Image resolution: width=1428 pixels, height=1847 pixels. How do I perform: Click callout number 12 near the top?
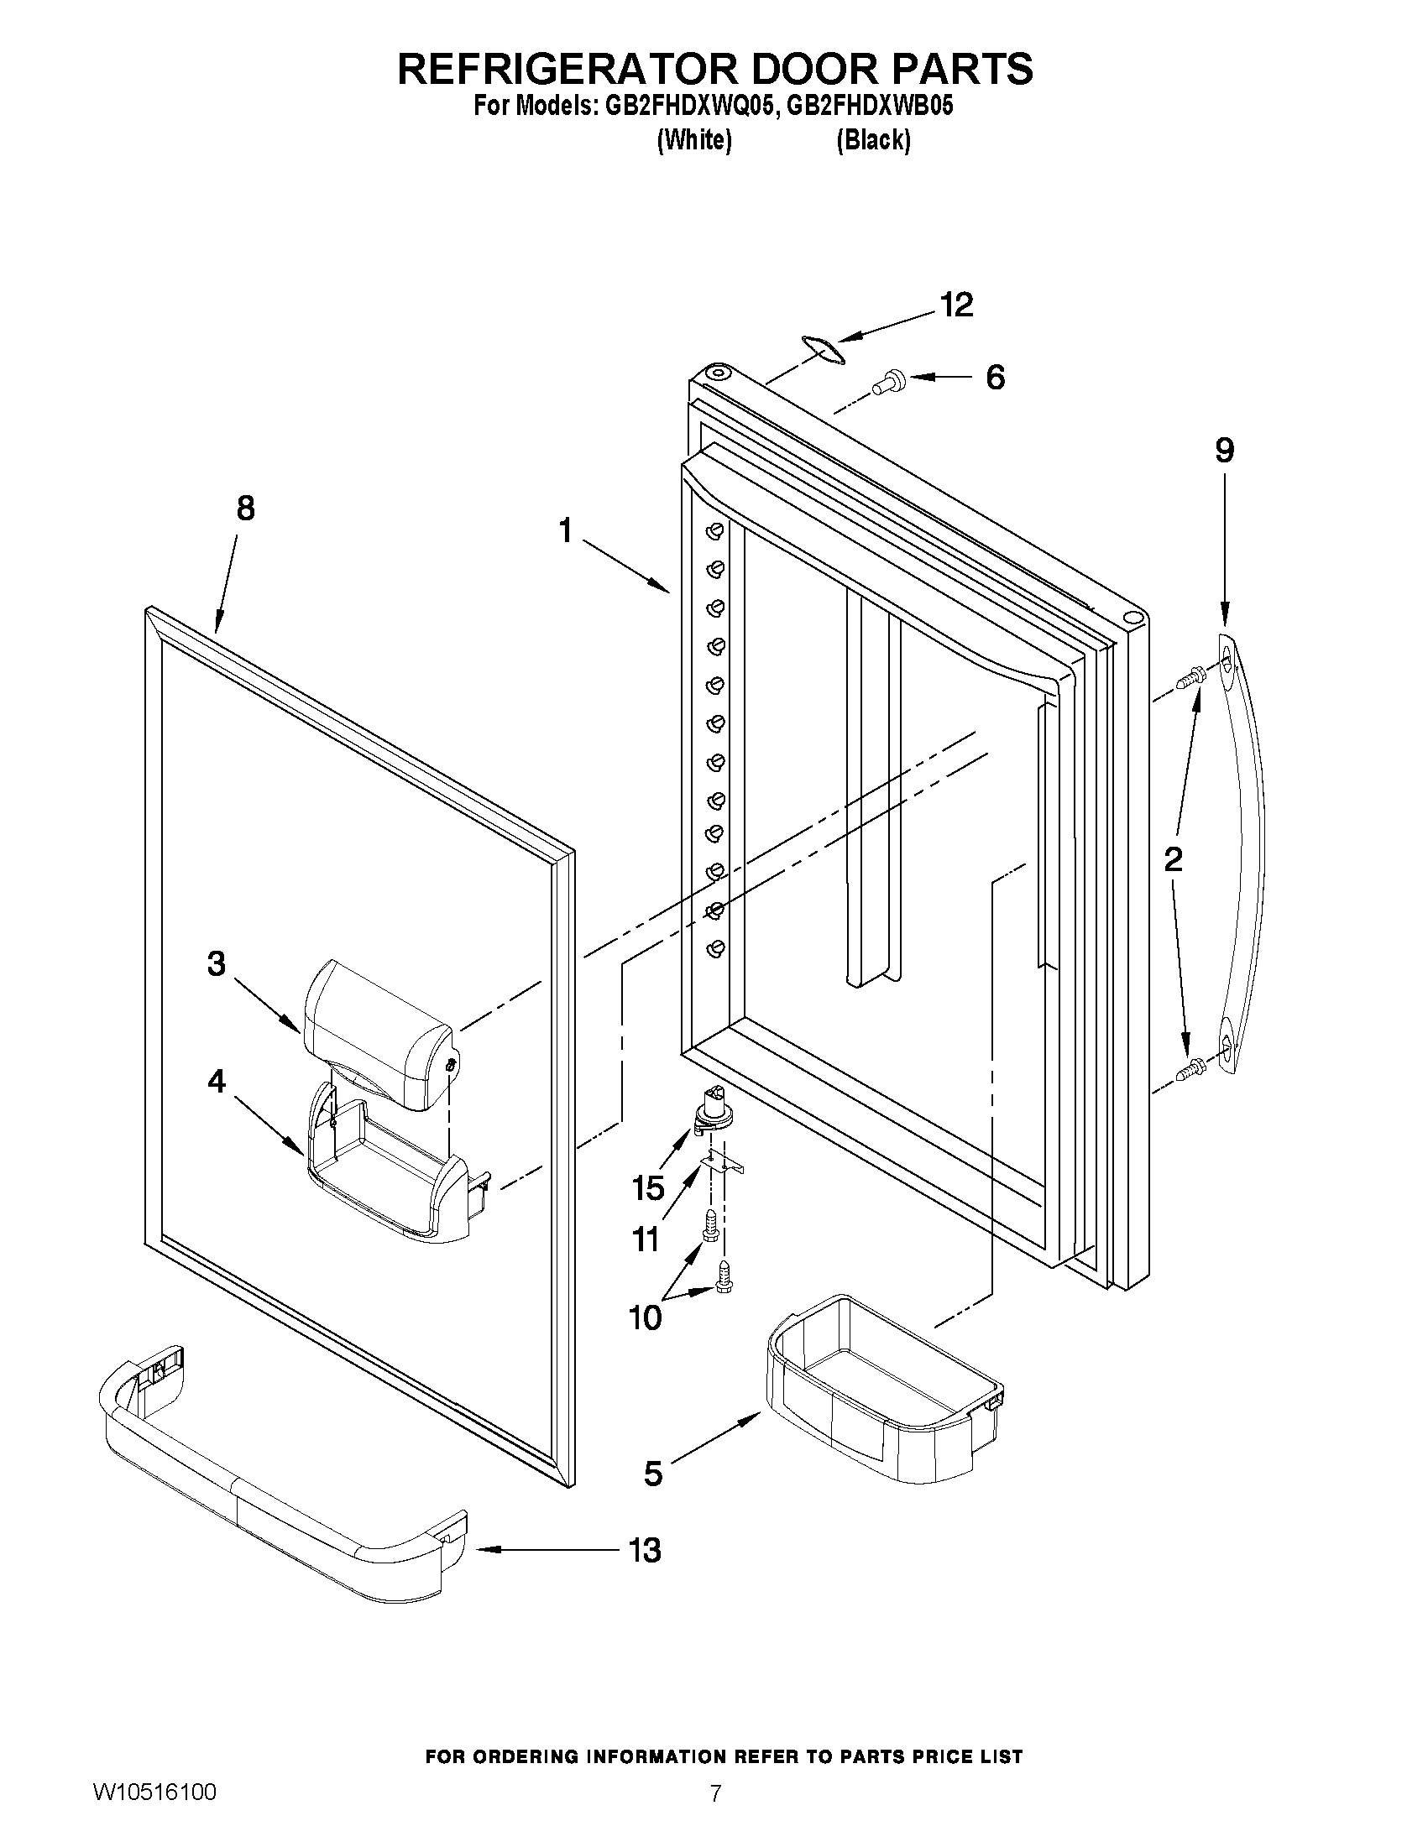(957, 305)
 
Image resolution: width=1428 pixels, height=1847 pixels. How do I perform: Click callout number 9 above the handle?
(1224, 451)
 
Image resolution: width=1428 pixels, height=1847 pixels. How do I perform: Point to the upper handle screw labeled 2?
(1191, 676)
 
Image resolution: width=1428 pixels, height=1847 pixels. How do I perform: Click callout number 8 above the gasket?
(244, 509)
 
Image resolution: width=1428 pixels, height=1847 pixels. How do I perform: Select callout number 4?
(217, 1081)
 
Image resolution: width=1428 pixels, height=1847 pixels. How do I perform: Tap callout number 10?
(646, 1317)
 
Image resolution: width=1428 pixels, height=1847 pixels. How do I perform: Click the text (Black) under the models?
(873, 140)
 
